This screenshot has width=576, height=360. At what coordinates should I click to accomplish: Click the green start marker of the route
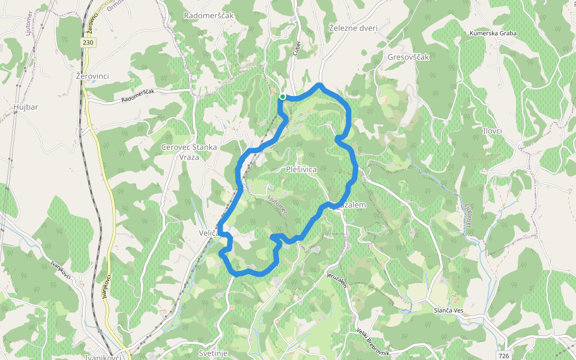pos(282,95)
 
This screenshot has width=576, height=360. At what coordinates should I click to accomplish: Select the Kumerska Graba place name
pos(493,33)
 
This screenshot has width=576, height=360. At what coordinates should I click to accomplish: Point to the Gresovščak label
pos(409,58)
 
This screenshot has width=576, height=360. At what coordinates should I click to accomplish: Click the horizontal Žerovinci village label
pos(92,77)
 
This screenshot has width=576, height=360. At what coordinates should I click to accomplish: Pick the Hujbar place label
pos(25,107)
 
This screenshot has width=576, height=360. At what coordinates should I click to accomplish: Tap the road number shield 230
pos(88,43)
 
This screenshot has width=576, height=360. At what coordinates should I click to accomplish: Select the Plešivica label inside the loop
pos(301,170)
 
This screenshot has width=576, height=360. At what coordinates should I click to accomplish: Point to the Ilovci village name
pos(491,131)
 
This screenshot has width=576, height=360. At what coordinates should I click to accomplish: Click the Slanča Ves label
pos(449,310)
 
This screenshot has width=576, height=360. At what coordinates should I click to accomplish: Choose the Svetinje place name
pos(213,353)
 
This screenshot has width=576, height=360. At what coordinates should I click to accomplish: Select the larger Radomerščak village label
pos(209,15)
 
